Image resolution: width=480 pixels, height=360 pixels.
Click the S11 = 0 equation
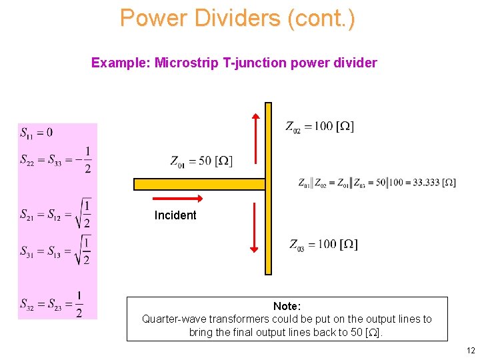click(x=37, y=133)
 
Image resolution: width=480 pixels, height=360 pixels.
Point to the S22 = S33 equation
click(x=56, y=160)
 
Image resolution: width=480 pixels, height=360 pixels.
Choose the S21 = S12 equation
click(x=56, y=213)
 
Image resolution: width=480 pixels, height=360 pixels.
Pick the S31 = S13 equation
click(x=56, y=250)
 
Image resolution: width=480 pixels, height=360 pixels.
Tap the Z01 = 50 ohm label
click(x=201, y=161)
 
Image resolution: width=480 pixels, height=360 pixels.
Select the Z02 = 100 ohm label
click(x=319, y=126)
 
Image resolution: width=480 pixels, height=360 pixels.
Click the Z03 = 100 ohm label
click(x=323, y=244)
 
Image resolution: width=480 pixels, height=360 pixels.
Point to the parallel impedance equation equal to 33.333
click(x=377, y=183)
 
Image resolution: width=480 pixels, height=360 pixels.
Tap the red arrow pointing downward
click(x=254, y=227)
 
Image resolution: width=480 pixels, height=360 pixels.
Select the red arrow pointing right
click(x=178, y=199)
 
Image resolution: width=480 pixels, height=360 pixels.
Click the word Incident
click(x=175, y=215)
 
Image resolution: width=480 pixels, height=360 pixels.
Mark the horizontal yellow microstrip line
click(x=199, y=184)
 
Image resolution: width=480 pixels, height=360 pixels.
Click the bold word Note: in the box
click(x=287, y=306)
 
